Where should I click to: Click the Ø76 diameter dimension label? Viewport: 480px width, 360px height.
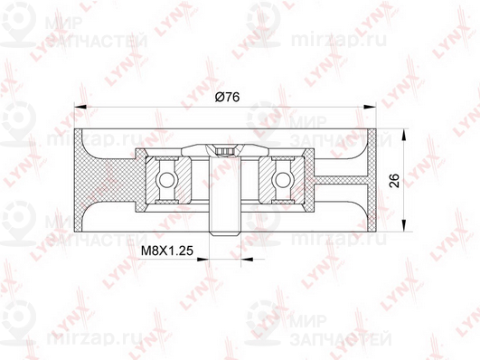pos(227,97)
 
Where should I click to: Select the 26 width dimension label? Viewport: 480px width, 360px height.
pos(395,180)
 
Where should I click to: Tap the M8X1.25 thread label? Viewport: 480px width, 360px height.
pos(167,251)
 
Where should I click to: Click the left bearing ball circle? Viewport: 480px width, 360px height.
pos(165,179)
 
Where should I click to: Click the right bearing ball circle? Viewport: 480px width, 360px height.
pos(283,179)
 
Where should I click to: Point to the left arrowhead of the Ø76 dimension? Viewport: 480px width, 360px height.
pos(80,107)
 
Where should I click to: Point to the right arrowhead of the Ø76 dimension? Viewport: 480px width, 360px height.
pos(370,107)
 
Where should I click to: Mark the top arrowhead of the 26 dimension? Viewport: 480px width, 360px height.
pos(404,135)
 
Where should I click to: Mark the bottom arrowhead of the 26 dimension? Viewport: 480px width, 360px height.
pos(404,225)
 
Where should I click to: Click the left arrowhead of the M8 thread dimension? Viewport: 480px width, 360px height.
pos(202,260)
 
